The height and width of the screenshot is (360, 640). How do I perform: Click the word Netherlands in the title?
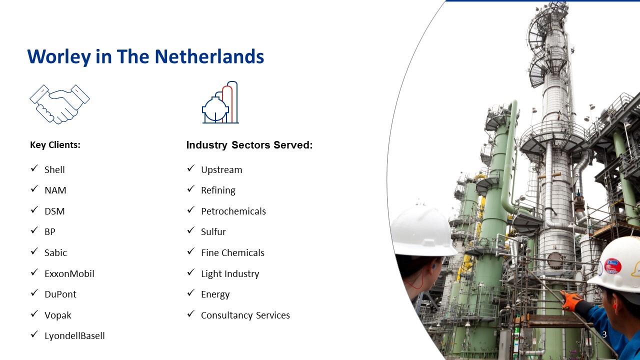tap(209, 56)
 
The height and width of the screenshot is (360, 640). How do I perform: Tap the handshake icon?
tap(59, 104)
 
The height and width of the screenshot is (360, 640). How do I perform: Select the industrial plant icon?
tap(220, 102)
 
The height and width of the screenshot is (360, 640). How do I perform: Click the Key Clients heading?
tap(55, 145)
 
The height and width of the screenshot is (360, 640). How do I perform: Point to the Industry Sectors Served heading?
tap(249, 145)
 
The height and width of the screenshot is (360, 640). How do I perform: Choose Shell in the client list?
tap(54, 169)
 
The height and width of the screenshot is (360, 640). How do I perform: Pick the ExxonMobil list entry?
tap(69, 273)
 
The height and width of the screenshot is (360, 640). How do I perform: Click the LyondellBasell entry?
tap(74, 335)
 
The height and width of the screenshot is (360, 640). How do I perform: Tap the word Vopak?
tap(58, 315)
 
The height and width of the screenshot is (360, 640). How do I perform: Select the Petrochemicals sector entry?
tap(233, 211)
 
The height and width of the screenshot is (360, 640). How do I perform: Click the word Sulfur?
tap(213, 231)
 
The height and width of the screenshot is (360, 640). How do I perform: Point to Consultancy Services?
tap(245, 315)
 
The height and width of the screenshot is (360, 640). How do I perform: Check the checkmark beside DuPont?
tap(34, 293)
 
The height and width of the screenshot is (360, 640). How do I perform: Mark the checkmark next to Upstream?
tap(191, 168)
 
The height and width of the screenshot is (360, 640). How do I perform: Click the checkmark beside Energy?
tap(191, 293)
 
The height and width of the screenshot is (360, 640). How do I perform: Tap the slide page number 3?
tap(604, 334)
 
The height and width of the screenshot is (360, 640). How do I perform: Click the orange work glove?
tap(571, 300)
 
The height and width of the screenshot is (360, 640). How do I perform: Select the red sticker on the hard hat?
tap(612, 265)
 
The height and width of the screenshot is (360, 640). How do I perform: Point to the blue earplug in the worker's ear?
tap(433, 266)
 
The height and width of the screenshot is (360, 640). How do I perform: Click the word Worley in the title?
tap(59, 56)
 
